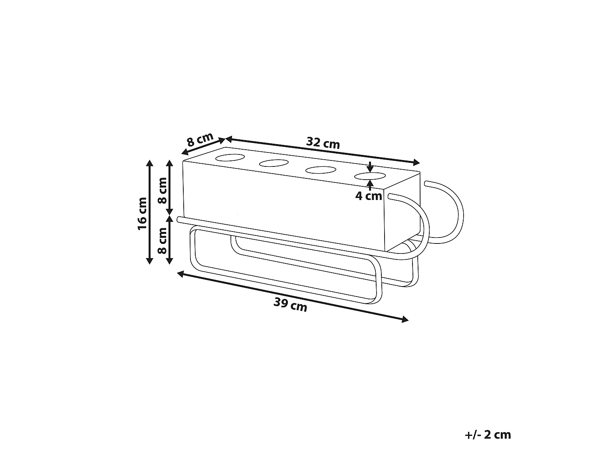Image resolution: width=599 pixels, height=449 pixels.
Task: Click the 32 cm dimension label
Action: click(323, 143)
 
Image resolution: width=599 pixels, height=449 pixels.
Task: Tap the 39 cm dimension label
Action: click(290, 305)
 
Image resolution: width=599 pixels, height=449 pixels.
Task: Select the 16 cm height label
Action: click(143, 214)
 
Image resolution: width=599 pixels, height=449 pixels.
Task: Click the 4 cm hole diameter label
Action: click(369, 196)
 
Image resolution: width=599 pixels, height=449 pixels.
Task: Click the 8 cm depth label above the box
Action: click(200, 140)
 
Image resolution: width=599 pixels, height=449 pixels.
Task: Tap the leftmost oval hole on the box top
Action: click(230, 158)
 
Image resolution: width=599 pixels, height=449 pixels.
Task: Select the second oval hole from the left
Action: click(274, 163)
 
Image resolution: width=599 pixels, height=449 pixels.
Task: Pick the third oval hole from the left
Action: click(321, 170)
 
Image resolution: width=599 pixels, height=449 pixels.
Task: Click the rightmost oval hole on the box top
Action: click(370, 176)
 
